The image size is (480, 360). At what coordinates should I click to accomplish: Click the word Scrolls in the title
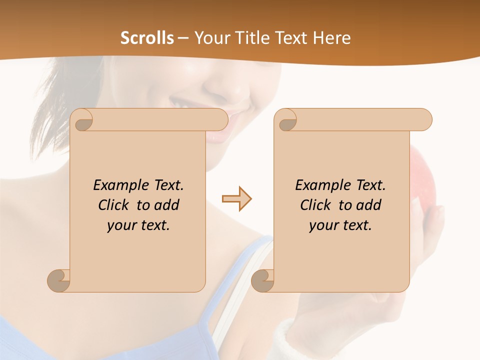coord(147,38)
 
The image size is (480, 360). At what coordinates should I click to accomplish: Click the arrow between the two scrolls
coord(236,199)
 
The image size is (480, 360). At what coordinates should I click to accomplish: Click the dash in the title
coord(183,38)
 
